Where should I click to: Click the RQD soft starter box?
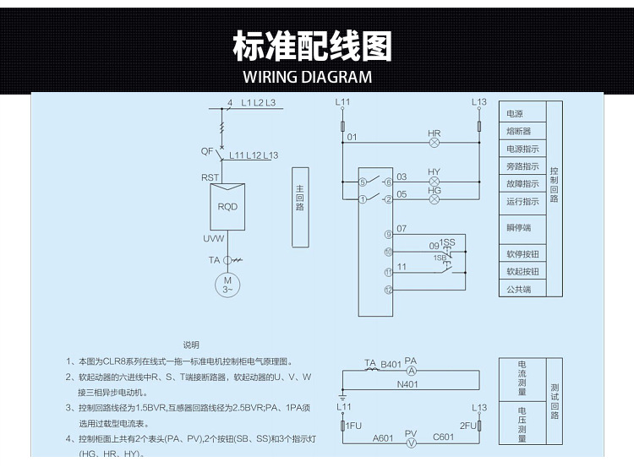pyautogui.click(x=227, y=207)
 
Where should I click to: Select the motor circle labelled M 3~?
pyautogui.click(x=227, y=285)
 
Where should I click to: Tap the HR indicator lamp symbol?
pyautogui.click(x=435, y=144)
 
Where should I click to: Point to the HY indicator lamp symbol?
pyautogui.click(x=435, y=182)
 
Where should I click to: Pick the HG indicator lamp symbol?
pyautogui.click(x=435, y=200)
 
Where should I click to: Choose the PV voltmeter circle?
pyautogui.click(x=411, y=442)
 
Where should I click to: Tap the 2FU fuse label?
pyautogui.click(x=467, y=426)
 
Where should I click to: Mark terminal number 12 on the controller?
pyautogui.click(x=388, y=290)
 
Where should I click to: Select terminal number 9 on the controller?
pyautogui.click(x=388, y=234)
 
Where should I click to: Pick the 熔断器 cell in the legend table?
pyautogui.click(x=518, y=131)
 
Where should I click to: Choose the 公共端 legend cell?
pyautogui.click(x=518, y=290)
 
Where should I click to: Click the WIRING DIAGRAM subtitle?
pyautogui.click(x=307, y=77)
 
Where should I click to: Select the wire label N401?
pyautogui.click(x=408, y=384)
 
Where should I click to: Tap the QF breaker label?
pyautogui.click(x=207, y=152)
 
